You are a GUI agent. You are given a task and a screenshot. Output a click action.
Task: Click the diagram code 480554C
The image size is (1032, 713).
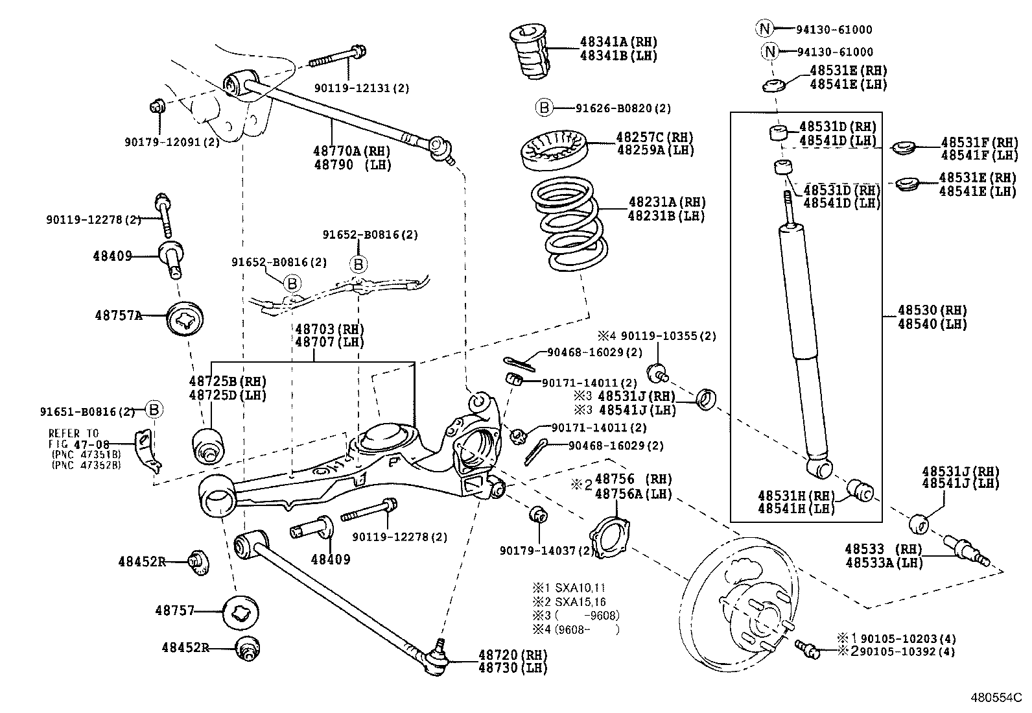tap(995, 699)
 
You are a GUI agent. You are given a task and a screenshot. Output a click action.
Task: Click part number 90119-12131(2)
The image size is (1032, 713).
tap(362, 88)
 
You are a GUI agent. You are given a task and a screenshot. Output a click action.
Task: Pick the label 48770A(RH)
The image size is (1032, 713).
tap(344, 151)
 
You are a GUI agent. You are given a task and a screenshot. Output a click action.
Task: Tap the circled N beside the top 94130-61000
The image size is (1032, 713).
tap(764, 29)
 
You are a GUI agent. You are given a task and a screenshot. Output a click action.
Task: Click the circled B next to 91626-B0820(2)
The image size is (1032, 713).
tap(543, 108)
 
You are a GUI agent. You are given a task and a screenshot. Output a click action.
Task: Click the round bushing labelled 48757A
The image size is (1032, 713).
tap(185, 319)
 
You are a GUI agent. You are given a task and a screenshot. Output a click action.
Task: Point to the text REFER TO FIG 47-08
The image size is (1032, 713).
tap(75, 438)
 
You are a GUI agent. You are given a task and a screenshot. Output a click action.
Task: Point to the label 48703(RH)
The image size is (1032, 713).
tap(329, 329)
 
